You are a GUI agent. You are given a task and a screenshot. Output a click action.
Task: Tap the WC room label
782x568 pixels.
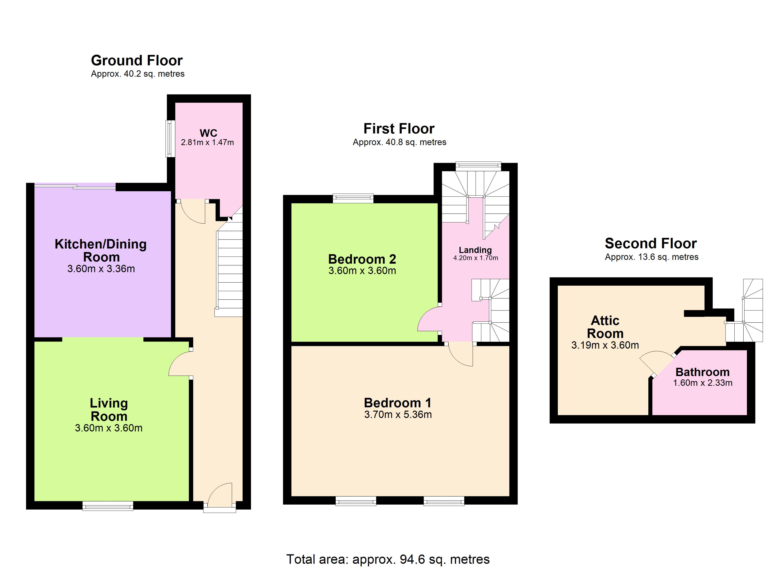(x=208, y=133)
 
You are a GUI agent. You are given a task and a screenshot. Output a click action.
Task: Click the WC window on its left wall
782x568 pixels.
(x=170, y=138)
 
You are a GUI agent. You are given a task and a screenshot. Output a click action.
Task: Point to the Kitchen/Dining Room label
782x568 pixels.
(x=101, y=250)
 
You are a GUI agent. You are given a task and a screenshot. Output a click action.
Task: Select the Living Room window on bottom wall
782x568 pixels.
(x=108, y=506)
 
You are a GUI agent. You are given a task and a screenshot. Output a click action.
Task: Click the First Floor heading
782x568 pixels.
(x=399, y=129)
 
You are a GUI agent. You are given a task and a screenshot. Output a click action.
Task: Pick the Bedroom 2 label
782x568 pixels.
(x=362, y=259)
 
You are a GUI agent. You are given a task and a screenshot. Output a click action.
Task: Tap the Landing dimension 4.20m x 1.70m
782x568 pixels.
(x=475, y=258)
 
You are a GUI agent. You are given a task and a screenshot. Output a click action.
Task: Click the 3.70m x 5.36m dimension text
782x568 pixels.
(x=398, y=414)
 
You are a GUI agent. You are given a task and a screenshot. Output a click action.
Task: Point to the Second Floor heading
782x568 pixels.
(x=651, y=243)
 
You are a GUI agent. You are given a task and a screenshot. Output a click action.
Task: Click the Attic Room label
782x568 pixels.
(x=605, y=327)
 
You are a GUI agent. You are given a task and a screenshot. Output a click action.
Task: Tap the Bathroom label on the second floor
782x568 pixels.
(x=703, y=372)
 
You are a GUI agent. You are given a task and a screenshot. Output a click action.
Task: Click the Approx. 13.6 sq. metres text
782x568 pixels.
(x=652, y=257)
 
